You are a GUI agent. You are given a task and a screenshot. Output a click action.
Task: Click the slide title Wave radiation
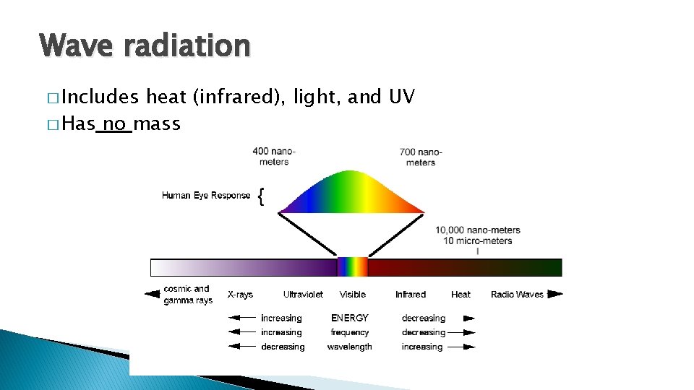145,46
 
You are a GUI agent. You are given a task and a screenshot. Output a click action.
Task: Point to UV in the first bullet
401,97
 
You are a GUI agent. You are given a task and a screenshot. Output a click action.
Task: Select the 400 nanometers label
274,157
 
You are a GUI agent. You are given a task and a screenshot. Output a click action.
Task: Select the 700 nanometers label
421,157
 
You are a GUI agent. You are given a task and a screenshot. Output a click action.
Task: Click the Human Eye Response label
206,195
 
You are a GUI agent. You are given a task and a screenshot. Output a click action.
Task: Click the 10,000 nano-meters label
477,230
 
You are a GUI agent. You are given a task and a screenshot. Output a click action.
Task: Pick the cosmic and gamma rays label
187,295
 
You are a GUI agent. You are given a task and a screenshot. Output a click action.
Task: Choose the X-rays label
240,295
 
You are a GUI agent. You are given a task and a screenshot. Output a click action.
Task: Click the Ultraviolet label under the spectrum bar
303,295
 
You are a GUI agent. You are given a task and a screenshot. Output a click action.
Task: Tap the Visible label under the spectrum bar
353,295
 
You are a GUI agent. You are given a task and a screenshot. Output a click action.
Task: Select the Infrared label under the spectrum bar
411,295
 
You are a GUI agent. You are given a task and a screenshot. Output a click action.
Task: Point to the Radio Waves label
517,295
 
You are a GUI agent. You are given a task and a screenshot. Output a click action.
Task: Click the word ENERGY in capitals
350,318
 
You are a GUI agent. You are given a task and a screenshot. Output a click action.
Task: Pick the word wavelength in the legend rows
350,347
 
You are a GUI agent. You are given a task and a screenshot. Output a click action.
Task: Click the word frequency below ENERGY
350,332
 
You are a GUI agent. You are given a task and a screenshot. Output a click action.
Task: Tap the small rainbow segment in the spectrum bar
353,267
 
